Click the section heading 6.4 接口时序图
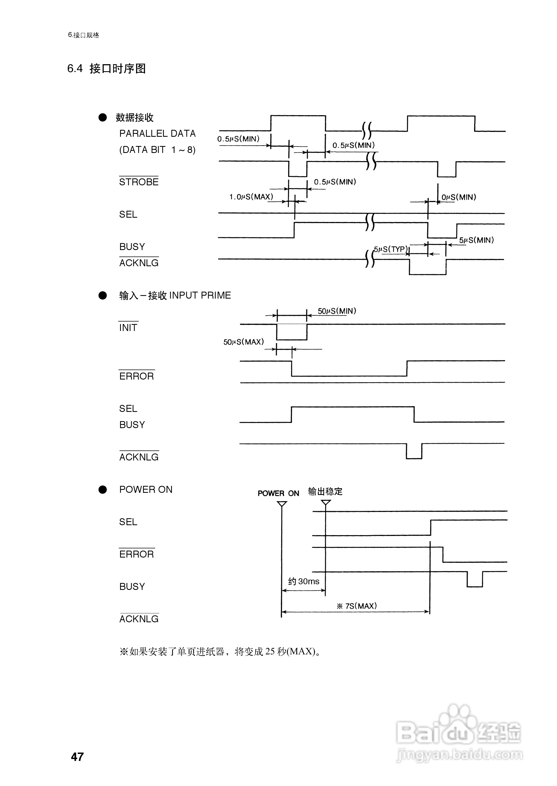click(x=106, y=69)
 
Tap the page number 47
click(x=77, y=757)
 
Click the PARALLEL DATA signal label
click(x=157, y=133)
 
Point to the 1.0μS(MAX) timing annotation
click(x=251, y=197)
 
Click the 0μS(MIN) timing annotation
click(x=458, y=197)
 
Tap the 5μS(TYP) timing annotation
click(x=391, y=249)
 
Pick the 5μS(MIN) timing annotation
click(x=476, y=240)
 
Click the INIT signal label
click(x=128, y=328)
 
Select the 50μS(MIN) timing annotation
click(x=337, y=311)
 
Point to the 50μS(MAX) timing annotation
click(x=243, y=342)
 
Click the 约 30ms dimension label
click(x=304, y=581)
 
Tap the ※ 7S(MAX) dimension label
click(x=357, y=606)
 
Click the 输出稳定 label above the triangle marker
click(x=325, y=491)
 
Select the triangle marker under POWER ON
click(x=282, y=504)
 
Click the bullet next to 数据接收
click(x=103, y=118)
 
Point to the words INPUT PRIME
click(x=200, y=295)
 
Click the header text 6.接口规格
click(x=83, y=35)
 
